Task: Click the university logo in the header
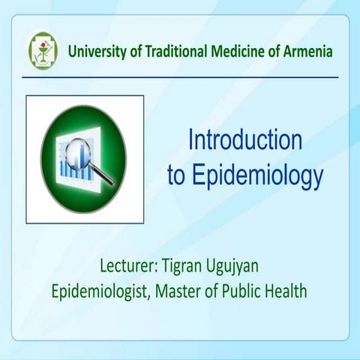click(x=43, y=49)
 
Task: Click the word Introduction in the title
click(x=244, y=140)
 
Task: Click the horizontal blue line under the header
click(x=180, y=76)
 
